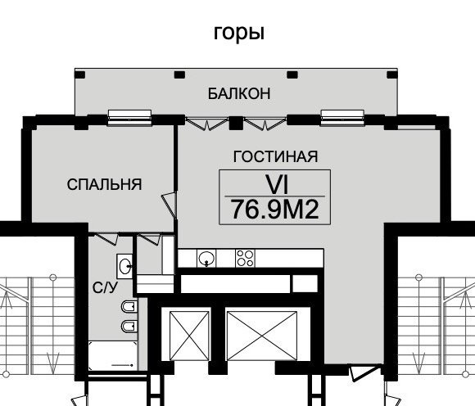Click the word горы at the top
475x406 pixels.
tap(239, 33)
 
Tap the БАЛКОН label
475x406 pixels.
tap(239, 93)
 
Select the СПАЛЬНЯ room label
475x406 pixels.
tap(104, 184)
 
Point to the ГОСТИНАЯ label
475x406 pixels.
tap(275, 156)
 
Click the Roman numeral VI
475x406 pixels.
tap(277, 184)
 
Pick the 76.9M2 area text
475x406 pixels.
tap(274, 210)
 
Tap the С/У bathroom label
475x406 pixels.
tap(105, 287)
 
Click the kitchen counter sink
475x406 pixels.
tap(206, 259)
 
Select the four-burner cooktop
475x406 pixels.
tap(245, 259)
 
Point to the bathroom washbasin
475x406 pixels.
tap(124, 266)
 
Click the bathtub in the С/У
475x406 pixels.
tap(113, 356)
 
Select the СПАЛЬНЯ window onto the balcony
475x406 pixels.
tap(129, 118)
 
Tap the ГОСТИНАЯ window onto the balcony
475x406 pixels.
tap(342, 118)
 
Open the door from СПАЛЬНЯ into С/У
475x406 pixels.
tap(106, 238)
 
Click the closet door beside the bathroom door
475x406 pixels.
tap(150, 238)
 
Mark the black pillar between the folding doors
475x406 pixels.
tap(236, 123)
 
